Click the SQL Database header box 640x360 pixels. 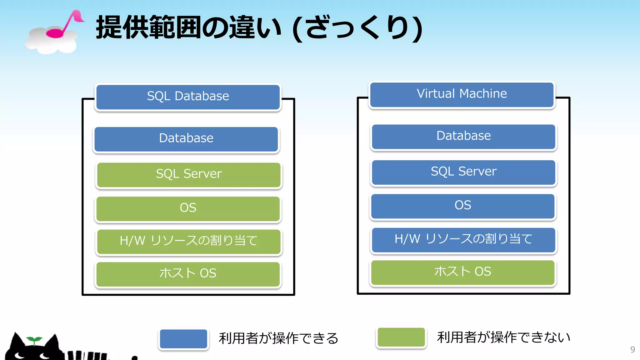pos(188,97)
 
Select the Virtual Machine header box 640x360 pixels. pos(462,94)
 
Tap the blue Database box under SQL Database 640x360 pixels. pos(186,139)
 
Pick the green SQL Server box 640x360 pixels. pos(189,175)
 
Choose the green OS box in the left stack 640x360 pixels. pos(188,208)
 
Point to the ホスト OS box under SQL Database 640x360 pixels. pos(188,274)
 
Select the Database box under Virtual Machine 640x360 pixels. pos(463,137)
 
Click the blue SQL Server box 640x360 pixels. pos(463,172)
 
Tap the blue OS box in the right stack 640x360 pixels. pos(463,206)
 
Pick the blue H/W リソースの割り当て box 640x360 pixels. pos(463,240)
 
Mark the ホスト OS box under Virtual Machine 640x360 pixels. pos(463,272)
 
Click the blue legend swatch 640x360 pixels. pos(183,339)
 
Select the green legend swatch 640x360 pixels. pos(401,337)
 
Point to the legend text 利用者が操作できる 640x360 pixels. pos(278,338)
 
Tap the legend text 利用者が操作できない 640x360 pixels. pos(503,337)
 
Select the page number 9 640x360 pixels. pos(632,349)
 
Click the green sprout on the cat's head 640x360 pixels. pos(34,340)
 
